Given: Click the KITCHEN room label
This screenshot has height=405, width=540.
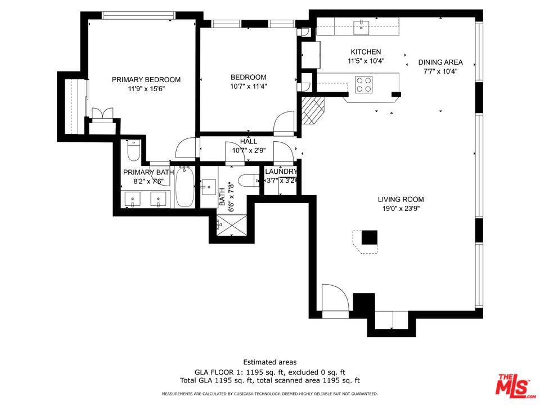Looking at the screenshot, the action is [x=366, y=52].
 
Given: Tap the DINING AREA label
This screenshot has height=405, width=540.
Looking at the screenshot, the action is [x=440, y=62].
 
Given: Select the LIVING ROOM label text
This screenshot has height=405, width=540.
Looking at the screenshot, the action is [x=401, y=199].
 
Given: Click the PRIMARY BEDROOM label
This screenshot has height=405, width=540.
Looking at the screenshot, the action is [x=146, y=79].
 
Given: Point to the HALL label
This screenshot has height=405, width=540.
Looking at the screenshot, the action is [x=249, y=142].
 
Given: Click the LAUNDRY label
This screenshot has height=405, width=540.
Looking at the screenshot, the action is [x=281, y=172].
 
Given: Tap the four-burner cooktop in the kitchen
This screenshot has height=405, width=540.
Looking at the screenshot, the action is [x=364, y=84].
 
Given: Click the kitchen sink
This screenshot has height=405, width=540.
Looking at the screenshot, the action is [x=361, y=28].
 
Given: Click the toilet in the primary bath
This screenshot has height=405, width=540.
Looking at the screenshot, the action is [x=133, y=150].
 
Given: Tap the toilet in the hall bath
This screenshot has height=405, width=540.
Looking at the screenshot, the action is [x=248, y=180].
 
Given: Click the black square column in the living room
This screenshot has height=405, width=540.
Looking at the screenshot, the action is [x=369, y=237].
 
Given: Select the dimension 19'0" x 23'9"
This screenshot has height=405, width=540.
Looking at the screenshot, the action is [x=401, y=208].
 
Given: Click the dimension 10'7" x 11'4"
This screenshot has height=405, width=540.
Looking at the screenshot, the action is [x=249, y=86].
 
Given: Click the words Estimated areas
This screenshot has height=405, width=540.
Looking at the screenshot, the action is [x=270, y=362].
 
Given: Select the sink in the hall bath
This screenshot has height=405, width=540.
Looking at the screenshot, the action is [x=209, y=187].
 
